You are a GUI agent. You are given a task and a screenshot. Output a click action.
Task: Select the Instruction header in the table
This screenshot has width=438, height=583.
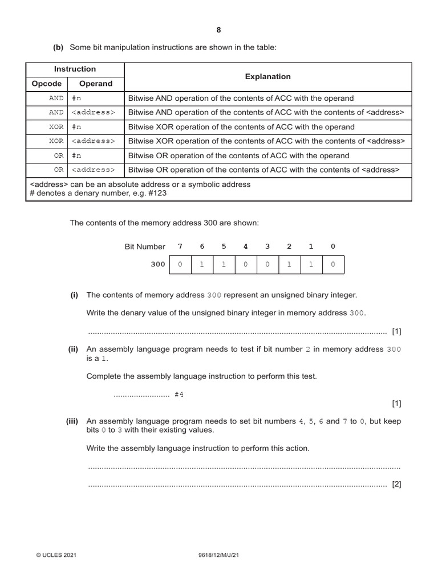(x=75, y=69)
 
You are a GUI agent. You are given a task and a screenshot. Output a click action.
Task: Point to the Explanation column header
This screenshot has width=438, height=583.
(x=267, y=76)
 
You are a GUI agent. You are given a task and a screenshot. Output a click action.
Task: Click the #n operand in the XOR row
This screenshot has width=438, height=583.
(x=76, y=127)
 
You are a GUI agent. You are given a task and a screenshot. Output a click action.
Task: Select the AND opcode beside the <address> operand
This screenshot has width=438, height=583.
(x=56, y=113)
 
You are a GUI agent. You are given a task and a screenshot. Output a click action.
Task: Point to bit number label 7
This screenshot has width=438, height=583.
(x=180, y=247)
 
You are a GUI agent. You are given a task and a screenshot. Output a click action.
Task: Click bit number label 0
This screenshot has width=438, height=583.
(x=333, y=247)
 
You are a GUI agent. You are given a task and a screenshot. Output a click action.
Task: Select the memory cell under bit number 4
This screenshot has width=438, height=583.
(x=246, y=265)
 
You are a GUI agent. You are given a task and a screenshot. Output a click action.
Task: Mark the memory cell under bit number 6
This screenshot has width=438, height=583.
(x=202, y=265)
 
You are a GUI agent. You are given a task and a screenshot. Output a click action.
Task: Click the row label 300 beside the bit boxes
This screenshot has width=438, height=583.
(x=157, y=265)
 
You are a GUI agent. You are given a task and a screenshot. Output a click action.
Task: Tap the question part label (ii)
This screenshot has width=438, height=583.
(x=74, y=350)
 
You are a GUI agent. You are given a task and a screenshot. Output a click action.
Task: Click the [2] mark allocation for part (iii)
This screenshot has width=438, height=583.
(x=397, y=485)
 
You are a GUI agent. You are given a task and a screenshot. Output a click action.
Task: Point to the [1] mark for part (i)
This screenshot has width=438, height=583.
(x=397, y=331)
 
